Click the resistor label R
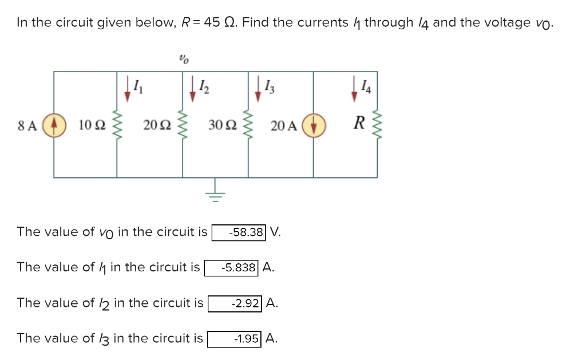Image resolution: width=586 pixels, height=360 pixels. pyautogui.click(x=359, y=123)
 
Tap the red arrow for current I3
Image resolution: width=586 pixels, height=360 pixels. pyautogui.click(x=258, y=90)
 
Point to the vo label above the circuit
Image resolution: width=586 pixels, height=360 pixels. pyautogui.click(x=183, y=58)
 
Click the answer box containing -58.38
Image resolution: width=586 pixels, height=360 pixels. pyautogui.click(x=239, y=232)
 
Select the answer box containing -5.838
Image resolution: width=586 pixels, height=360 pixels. pyautogui.click(x=232, y=267)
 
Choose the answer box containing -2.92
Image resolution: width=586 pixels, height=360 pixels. pyautogui.click(x=235, y=303)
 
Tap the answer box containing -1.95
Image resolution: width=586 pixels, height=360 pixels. pyautogui.click(x=234, y=338)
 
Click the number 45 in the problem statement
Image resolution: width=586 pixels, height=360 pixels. pyautogui.click(x=212, y=23)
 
